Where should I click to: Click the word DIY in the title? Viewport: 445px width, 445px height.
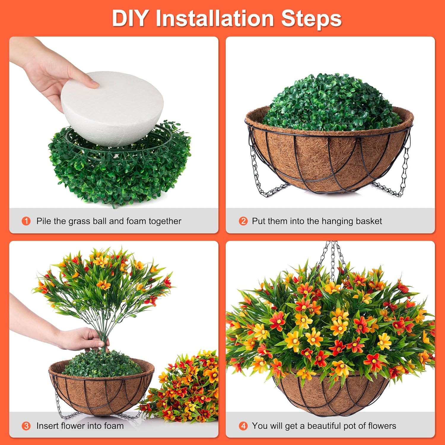pyautogui.click(x=130, y=18)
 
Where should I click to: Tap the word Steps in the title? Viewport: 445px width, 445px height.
pyautogui.click(x=311, y=18)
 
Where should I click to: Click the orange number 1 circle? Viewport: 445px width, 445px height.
pyautogui.click(x=26, y=221)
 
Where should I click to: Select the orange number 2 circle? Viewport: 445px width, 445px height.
pyautogui.click(x=243, y=221)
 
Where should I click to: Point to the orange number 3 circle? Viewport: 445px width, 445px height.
pyautogui.click(x=26, y=426)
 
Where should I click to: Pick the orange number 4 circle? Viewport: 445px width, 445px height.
pyautogui.click(x=243, y=426)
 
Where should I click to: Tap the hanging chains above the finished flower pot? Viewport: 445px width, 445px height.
pyautogui.click(x=334, y=258)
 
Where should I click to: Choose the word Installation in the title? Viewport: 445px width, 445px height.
pyautogui.click(x=214, y=18)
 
